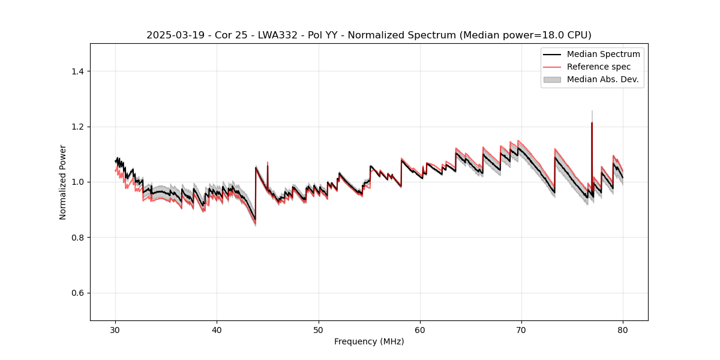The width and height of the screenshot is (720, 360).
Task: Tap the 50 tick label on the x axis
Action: click(319, 329)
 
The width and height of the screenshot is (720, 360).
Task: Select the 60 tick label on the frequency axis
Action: click(420, 329)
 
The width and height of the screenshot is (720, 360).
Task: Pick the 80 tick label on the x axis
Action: click(623, 329)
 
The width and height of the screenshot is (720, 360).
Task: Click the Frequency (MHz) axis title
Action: click(369, 341)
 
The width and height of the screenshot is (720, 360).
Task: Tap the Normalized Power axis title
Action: click(63, 182)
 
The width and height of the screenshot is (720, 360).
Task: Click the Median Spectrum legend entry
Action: click(603, 54)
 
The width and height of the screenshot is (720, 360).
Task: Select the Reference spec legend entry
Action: click(598, 67)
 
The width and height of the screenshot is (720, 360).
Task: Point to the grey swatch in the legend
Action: click(552, 79)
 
